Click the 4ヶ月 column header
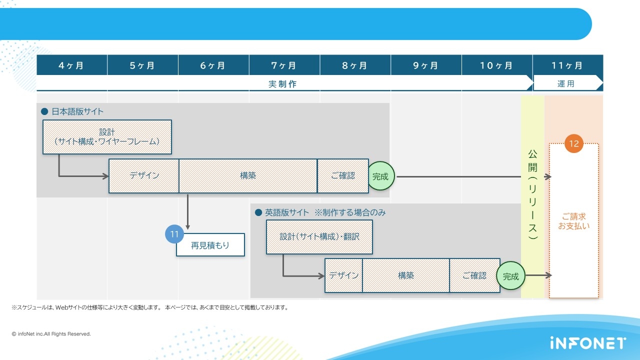click(71, 65)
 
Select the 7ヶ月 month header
click(284, 65)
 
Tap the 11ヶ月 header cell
click(567, 65)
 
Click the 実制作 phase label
click(282, 84)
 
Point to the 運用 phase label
click(566, 84)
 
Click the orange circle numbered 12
click(573, 143)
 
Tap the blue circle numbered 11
click(174, 234)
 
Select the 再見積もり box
click(210, 245)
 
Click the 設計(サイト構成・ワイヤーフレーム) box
click(107, 136)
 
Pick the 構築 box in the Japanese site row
click(248, 176)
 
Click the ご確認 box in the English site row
click(474, 275)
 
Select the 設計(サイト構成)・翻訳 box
click(319, 236)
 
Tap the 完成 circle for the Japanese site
click(380, 176)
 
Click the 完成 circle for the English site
click(510, 276)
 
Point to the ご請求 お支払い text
click(573, 221)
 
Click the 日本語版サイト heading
click(77, 111)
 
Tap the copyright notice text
click(51, 333)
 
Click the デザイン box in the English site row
click(343, 275)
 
